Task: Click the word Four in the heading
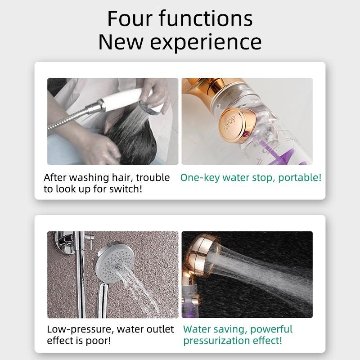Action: pyautogui.click(x=130, y=18)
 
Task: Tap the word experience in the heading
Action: pyautogui.click(x=206, y=42)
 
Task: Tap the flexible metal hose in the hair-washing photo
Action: pyautogui.click(x=71, y=117)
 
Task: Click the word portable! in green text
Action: pyautogui.click(x=300, y=178)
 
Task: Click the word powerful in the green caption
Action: pyautogui.click(x=271, y=329)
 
